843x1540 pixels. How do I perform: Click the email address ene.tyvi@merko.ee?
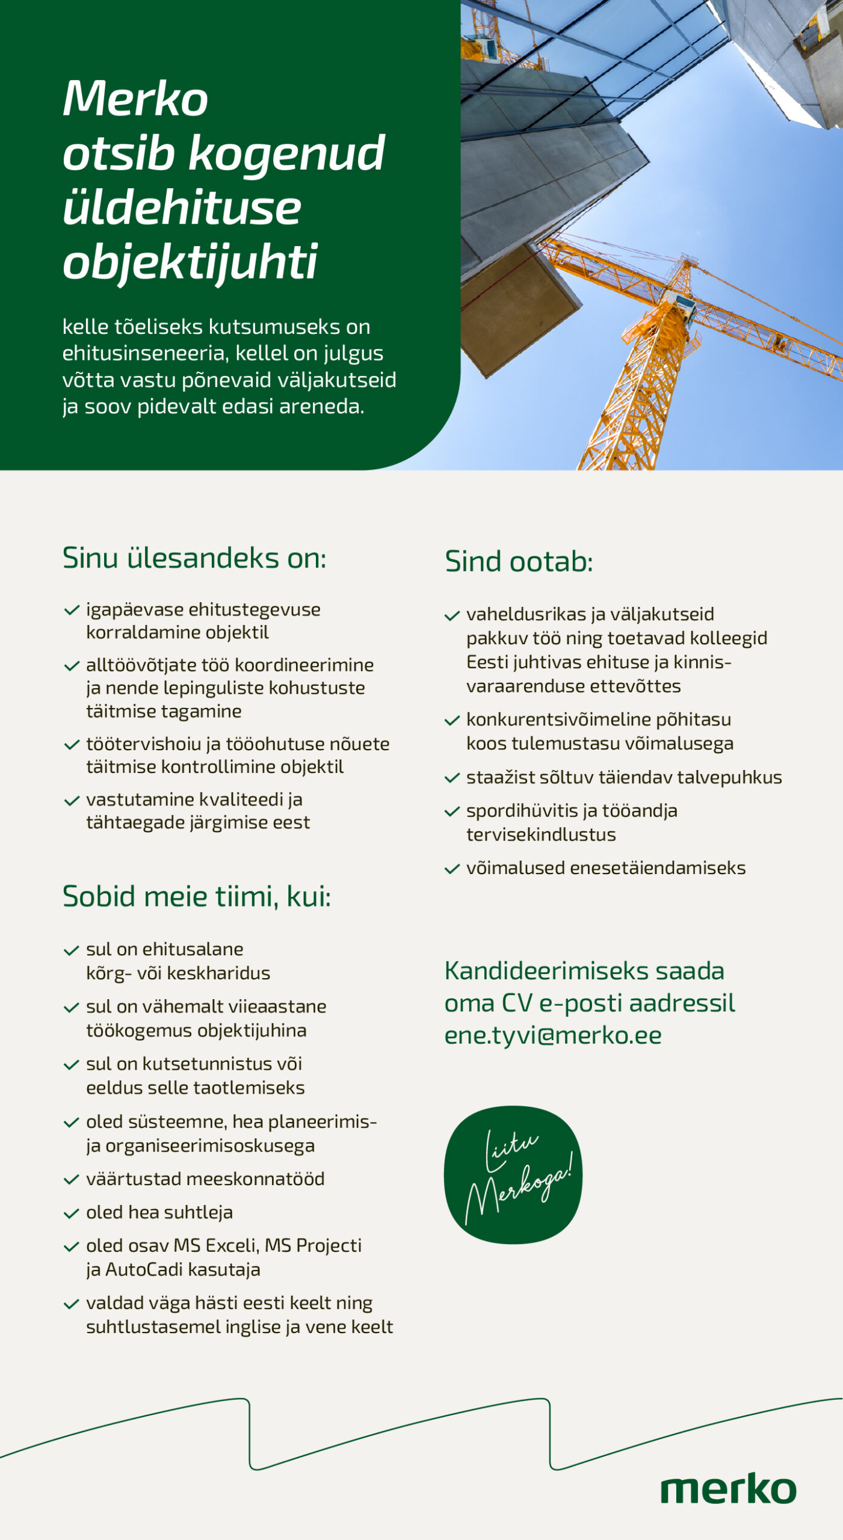tap(552, 1035)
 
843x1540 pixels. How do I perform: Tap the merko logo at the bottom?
tap(728, 1489)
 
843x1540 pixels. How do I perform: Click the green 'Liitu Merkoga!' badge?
tap(513, 1174)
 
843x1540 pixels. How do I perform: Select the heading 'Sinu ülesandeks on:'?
tap(194, 558)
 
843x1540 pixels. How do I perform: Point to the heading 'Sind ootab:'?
tap(519, 561)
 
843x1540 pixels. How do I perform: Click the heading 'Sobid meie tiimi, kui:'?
tap(197, 896)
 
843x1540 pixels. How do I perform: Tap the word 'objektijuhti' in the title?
tap(190, 262)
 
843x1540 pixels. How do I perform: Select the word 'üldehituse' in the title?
tap(182, 208)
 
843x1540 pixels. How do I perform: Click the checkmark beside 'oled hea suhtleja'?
tap(72, 1213)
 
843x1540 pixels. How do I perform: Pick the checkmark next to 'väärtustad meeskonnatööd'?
tap(72, 1180)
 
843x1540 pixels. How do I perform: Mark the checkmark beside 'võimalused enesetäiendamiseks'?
tap(452, 869)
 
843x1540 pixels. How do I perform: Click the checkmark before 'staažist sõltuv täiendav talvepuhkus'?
tap(452, 778)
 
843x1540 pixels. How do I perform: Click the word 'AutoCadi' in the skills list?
tap(144, 1269)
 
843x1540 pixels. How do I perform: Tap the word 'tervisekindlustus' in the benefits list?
tap(541, 834)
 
